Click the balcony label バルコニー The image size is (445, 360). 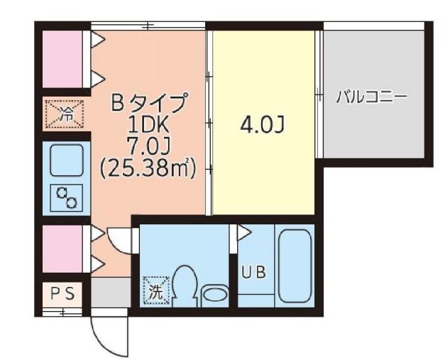[371, 97]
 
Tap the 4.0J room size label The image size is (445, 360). [262, 126]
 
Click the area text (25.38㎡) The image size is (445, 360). [149, 168]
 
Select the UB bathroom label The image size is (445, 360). [253, 273]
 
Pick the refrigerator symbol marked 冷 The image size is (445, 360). [65, 113]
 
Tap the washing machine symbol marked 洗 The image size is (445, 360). [155, 289]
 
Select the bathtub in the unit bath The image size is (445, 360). [296, 265]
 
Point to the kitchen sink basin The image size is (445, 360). [65, 160]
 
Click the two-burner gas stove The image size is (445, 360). [65, 197]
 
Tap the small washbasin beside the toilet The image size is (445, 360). [214, 293]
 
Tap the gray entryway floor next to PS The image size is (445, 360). [109, 292]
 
